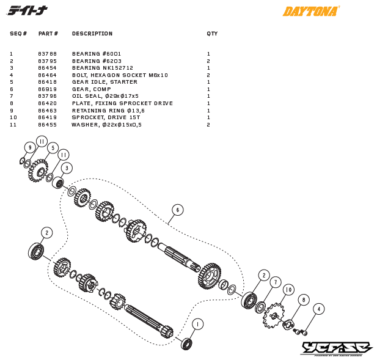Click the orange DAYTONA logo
(x=310, y=11)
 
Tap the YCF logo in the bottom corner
(x=336, y=348)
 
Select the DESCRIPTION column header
(x=92, y=34)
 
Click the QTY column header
(x=211, y=34)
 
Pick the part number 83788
(x=47, y=54)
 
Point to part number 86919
(x=47, y=89)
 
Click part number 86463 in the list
(x=47, y=111)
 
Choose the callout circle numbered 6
(x=177, y=210)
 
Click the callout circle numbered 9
(x=29, y=147)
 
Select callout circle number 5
(x=53, y=148)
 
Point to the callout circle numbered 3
(x=67, y=167)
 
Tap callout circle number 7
(x=276, y=282)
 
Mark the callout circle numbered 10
(x=288, y=290)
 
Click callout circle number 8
(x=304, y=299)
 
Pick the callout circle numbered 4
(x=319, y=309)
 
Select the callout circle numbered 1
(x=197, y=324)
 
